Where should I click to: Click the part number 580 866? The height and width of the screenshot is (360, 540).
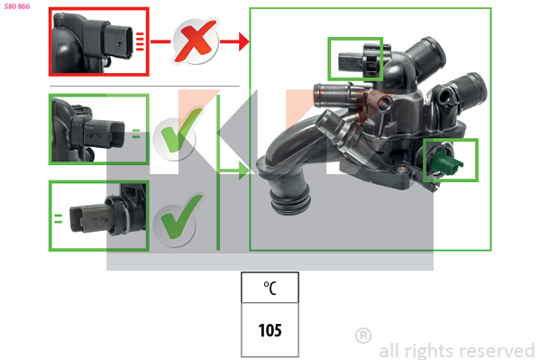click(x=17, y=6)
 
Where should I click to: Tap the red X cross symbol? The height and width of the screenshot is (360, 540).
click(x=196, y=42)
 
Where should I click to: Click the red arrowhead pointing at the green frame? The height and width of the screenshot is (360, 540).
click(x=244, y=42)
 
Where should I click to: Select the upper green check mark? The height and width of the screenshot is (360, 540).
click(x=181, y=131)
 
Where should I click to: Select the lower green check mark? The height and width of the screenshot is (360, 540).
click(x=181, y=217)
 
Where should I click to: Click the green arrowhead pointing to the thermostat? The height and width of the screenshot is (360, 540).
click(x=244, y=171)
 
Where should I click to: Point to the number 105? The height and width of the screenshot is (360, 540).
click(x=270, y=330)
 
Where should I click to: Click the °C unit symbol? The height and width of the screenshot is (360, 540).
click(x=270, y=288)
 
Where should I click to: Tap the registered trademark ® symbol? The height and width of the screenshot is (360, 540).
click(x=363, y=336)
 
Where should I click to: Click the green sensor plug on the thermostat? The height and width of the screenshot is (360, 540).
click(x=445, y=161)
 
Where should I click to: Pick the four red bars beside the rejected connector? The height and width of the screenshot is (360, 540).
click(x=140, y=42)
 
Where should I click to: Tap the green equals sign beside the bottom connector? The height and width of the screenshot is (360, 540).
click(x=59, y=218)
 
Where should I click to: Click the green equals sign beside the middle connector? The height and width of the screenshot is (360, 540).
click(x=136, y=134)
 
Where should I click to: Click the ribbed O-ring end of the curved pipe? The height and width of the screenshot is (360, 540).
click(x=289, y=202)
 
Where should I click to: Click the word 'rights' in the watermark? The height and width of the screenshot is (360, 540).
click(x=431, y=351)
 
